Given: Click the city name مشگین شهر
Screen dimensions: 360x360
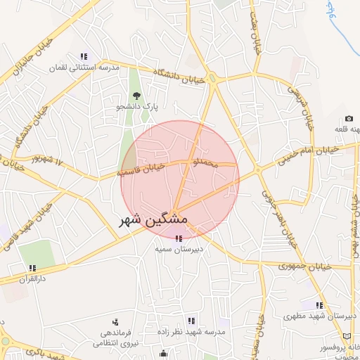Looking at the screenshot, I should [150, 219].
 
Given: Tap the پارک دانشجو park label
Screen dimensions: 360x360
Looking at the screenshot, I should [138, 107].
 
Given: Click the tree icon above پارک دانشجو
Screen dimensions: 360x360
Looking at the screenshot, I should [137, 96].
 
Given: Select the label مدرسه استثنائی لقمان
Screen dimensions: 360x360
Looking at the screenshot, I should [85, 68].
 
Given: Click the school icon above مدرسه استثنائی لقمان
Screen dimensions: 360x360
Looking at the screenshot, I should [84, 56].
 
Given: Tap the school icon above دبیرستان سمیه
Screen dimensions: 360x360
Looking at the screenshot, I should [176, 238].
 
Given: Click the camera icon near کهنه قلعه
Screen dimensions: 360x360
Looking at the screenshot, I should [349, 119].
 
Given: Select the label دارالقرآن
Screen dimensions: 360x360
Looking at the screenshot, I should [33, 278].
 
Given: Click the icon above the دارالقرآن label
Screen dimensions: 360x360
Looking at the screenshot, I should [32, 267].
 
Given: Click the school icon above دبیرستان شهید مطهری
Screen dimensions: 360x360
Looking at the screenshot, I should [320, 305].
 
